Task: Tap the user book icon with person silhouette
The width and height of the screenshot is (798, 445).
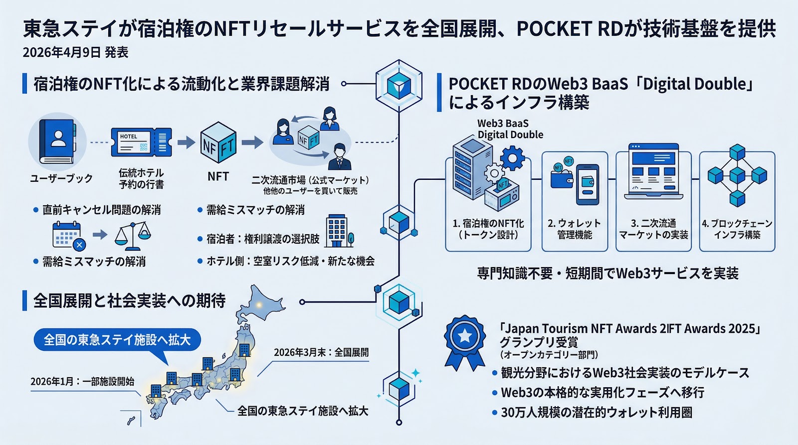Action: tap(57, 142)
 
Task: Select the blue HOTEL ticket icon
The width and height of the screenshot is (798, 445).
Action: tap(141, 143)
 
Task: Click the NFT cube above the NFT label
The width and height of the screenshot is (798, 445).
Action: tap(218, 145)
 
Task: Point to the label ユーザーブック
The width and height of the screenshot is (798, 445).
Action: tap(61, 178)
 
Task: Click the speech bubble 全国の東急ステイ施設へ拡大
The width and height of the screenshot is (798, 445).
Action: tap(117, 340)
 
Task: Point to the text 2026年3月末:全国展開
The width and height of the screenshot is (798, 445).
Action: tap(321, 352)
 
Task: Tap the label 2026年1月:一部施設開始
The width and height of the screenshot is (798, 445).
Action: tap(82, 382)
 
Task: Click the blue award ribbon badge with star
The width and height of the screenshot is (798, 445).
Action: tap(465, 341)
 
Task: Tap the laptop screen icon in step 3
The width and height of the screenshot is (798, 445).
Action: tap(653, 169)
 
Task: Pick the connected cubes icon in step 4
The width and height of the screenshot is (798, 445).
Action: tap(737, 175)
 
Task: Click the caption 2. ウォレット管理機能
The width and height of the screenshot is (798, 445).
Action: tap(575, 229)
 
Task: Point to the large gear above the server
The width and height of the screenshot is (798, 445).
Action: tap(512, 158)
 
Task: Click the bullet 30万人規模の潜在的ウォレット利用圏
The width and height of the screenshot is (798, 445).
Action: tap(597, 413)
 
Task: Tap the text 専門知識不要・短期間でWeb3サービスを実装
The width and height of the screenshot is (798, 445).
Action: tap(607, 274)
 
